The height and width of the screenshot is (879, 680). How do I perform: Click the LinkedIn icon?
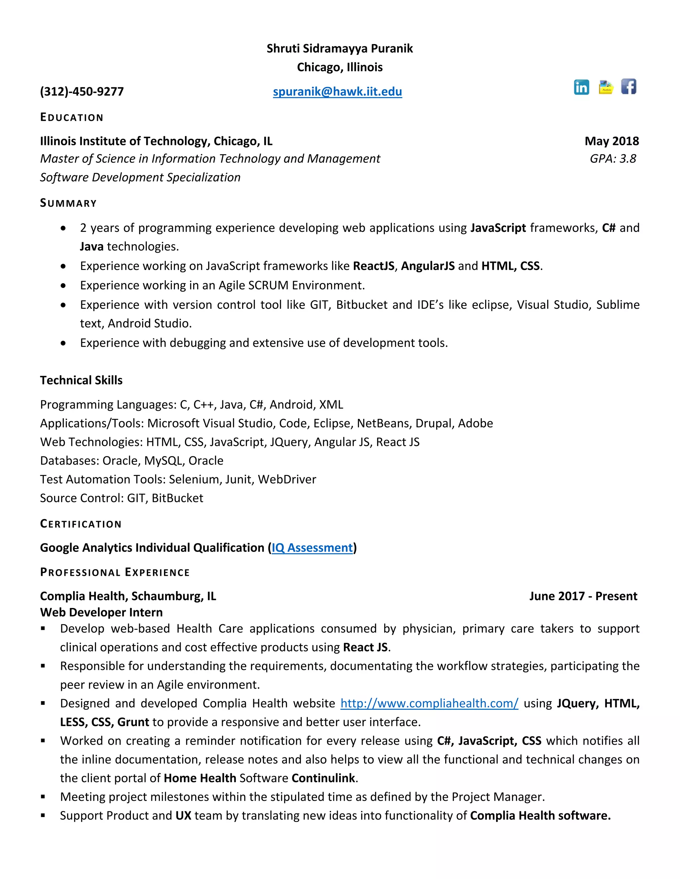(581, 87)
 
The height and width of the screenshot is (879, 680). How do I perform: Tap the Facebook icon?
(629, 86)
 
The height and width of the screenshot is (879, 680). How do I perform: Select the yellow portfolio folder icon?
(606, 87)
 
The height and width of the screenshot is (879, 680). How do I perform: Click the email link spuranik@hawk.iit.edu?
(337, 92)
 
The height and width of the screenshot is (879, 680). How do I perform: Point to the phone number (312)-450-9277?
(82, 92)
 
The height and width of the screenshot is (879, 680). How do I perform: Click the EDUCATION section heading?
(72, 117)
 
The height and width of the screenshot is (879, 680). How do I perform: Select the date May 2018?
(612, 141)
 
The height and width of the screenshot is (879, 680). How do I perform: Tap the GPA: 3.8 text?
(613, 159)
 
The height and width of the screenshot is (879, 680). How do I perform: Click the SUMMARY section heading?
(68, 203)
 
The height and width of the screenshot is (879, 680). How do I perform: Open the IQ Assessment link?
(312, 548)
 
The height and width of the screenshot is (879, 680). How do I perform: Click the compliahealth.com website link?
(429, 704)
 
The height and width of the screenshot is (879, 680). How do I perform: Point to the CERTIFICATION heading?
(81, 524)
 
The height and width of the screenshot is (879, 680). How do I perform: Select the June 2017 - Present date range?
(583, 596)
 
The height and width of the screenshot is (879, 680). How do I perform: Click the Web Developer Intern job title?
(101, 613)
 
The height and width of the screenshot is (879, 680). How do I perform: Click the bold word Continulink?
(323, 778)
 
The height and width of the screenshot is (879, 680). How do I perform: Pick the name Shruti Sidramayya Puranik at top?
(340, 49)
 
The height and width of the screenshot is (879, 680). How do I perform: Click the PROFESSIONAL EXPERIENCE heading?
(115, 572)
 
